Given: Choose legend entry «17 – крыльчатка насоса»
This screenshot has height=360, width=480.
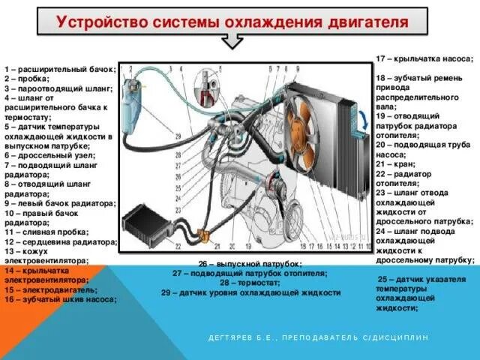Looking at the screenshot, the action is coord(424,58).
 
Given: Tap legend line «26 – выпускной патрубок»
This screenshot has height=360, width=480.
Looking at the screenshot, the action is coord(250,264).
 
